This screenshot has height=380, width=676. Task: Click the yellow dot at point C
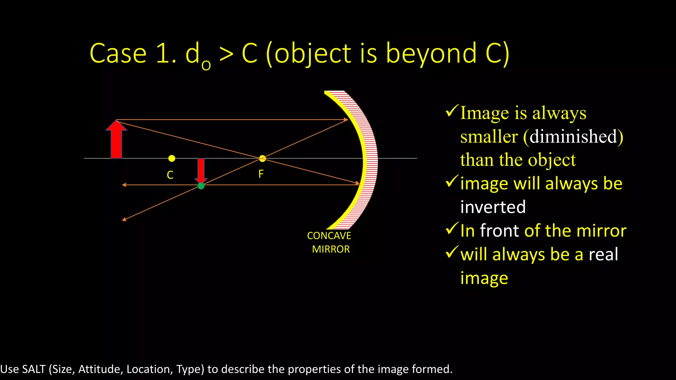click(172, 158)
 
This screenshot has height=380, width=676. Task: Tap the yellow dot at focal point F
click(262, 158)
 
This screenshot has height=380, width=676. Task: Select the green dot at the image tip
click(201, 186)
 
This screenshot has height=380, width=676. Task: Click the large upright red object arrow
click(116, 140)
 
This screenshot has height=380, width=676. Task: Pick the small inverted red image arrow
click(201, 170)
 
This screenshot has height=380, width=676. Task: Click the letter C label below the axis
click(170, 175)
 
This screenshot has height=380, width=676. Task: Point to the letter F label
click(261, 174)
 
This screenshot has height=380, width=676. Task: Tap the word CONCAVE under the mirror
click(329, 236)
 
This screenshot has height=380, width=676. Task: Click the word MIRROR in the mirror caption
click(331, 249)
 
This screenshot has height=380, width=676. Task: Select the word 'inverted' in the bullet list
click(493, 207)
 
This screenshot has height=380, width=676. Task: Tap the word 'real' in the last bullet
click(603, 254)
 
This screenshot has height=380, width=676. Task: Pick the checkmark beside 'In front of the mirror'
click(452, 228)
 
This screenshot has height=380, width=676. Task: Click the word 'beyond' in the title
click(431, 53)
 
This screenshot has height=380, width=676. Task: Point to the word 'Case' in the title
click(118, 53)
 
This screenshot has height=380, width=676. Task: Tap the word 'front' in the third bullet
click(500, 231)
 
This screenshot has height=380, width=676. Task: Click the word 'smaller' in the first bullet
click(489, 137)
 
